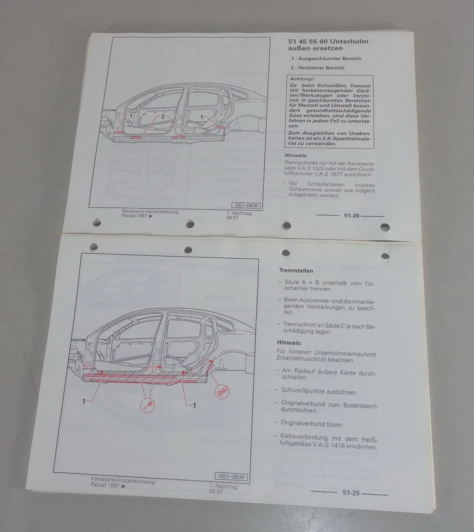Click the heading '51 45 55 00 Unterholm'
(x=328, y=42)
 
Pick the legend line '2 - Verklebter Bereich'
(x=317, y=68)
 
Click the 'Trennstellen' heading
(x=296, y=270)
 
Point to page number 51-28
(x=352, y=216)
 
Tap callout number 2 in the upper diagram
(x=162, y=117)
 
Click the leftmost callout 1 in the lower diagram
(x=84, y=401)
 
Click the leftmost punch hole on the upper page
(x=97, y=223)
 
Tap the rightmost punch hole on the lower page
(x=384, y=256)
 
